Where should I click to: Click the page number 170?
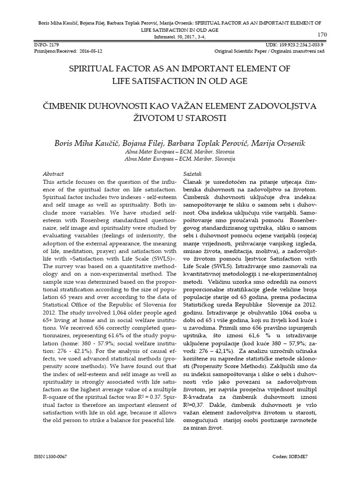(x=322, y=35)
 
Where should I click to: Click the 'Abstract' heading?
(x=53, y=173)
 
